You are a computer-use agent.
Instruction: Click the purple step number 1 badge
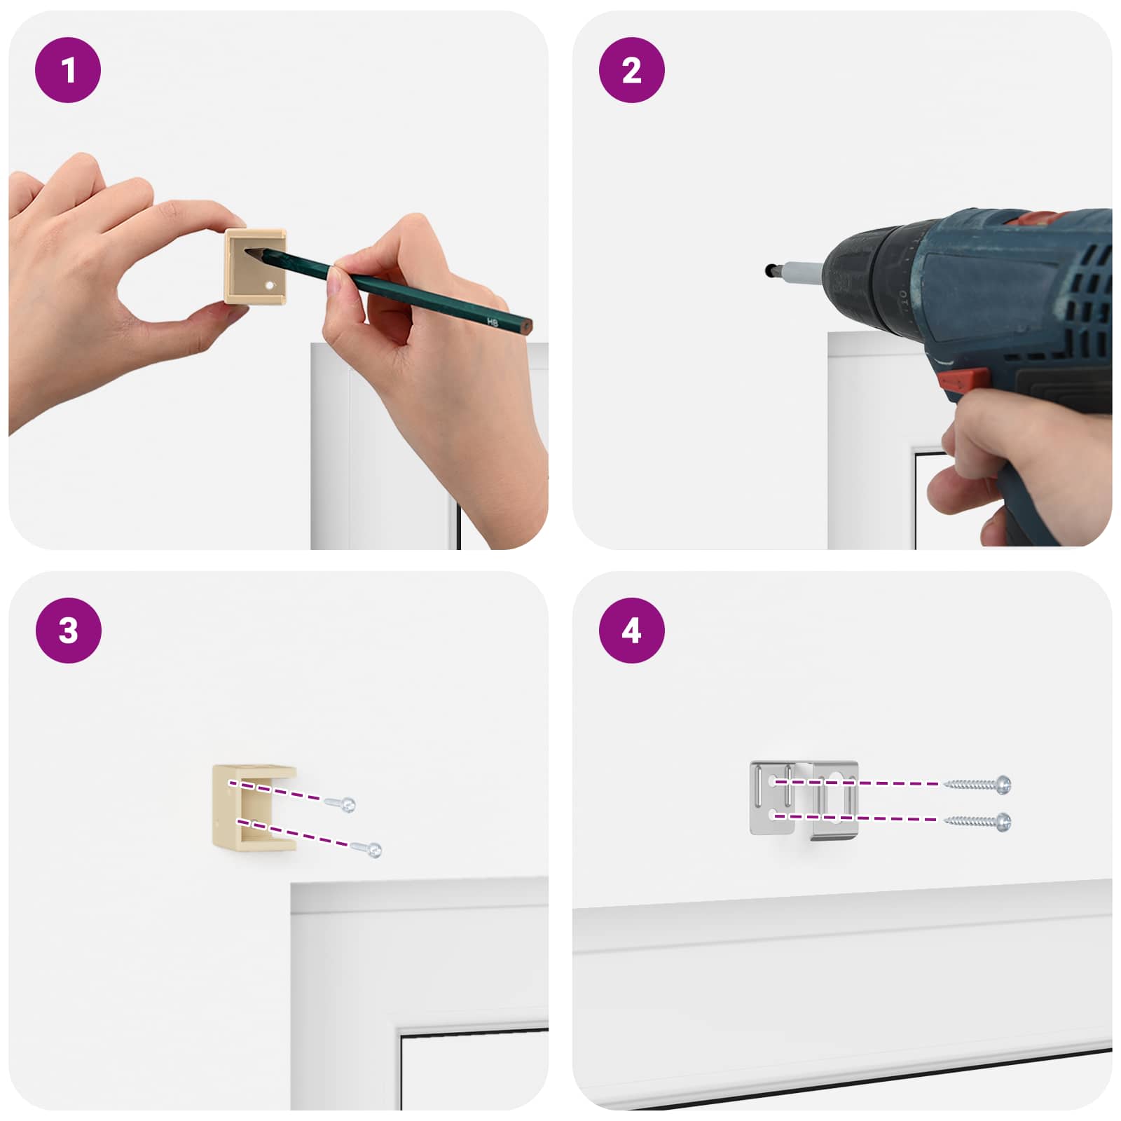click(x=68, y=70)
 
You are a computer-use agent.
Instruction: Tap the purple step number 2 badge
click(x=631, y=70)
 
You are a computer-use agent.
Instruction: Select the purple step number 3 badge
click(x=68, y=631)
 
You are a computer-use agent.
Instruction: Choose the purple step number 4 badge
click(x=631, y=631)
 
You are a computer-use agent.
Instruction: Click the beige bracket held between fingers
click(x=256, y=266)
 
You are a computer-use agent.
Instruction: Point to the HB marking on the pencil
click(x=492, y=322)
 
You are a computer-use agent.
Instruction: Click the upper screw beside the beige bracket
click(x=340, y=804)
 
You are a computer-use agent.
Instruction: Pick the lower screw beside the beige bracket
click(x=366, y=849)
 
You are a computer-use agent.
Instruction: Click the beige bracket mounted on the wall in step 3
click(x=254, y=807)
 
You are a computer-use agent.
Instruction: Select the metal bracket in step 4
click(x=804, y=799)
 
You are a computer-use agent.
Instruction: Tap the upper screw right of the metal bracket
click(x=977, y=784)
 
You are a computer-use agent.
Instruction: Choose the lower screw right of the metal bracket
click(x=977, y=821)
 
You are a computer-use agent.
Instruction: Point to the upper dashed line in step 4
click(x=856, y=783)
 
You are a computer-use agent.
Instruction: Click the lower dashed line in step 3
click(x=293, y=833)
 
